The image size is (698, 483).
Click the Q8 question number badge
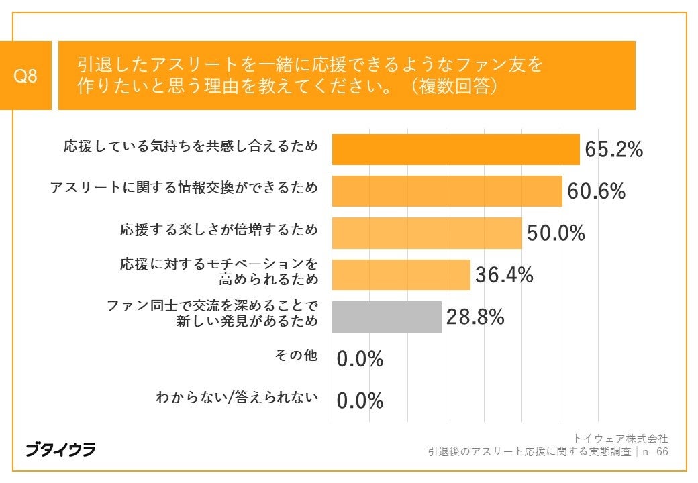[26, 76]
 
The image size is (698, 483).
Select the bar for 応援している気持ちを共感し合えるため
[456, 149]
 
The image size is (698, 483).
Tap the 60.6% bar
[447, 191]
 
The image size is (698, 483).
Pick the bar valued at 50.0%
[427, 233]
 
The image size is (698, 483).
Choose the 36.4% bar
[401, 274]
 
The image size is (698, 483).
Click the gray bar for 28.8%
[387, 317]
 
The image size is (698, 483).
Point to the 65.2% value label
[613, 150]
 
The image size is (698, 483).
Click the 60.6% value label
[596, 192]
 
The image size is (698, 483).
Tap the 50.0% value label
[556, 233]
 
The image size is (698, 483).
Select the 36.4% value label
[504, 275]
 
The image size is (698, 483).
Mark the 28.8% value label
[475, 317]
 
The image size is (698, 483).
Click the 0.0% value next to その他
[360, 360]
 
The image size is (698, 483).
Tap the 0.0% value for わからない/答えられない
[360, 401]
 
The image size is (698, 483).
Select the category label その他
[296, 356]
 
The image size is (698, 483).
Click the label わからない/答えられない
[236, 397]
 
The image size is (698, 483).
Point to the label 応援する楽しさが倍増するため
[219, 229]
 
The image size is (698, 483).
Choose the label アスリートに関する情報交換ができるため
[184, 188]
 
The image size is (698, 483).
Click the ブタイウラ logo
[60, 449]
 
